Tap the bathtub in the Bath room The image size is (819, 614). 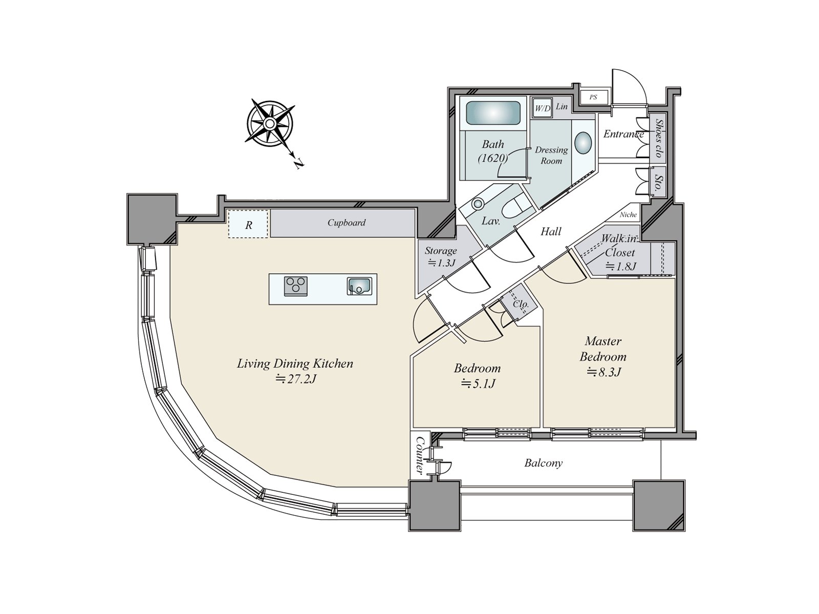tap(493, 113)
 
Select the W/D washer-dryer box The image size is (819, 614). tap(542, 108)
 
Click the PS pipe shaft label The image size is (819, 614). tap(593, 97)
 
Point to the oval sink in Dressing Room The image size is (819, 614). tap(583, 143)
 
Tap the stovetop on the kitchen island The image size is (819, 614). tap(295, 286)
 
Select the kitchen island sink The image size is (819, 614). tap(359, 287)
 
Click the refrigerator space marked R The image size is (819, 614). tap(248, 224)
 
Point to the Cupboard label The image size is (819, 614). tap(346, 223)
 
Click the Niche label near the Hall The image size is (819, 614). tap(629, 215)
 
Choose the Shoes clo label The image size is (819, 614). tap(659, 138)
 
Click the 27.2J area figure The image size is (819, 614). tap(295, 379)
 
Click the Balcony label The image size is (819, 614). tap(543, 463)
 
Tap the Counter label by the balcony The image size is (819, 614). tap(419, 455)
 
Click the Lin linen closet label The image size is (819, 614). tap(562, 106)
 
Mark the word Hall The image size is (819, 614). tap(551, 231)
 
